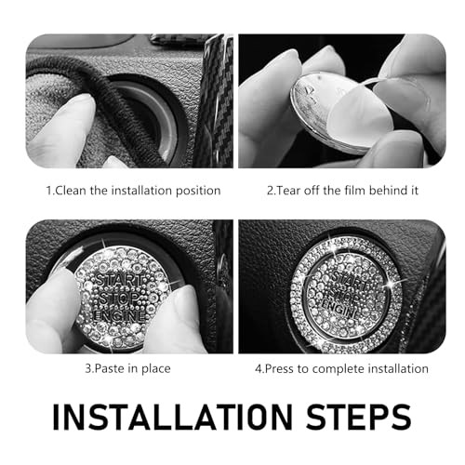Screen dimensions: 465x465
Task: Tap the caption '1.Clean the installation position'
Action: [x=133, y=190]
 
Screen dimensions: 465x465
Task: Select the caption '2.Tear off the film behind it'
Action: [x=342, y=190]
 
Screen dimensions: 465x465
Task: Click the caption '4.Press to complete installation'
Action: [x=342, y=368]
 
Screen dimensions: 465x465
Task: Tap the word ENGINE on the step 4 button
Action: [x=339, y=303]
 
